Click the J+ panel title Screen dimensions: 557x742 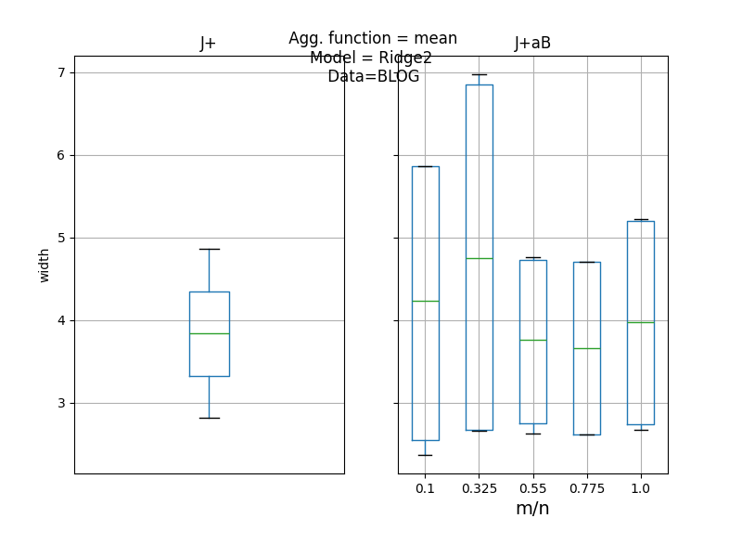209,44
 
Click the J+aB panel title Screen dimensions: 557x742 532,44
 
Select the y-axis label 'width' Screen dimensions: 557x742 45,265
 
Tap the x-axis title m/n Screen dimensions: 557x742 532,509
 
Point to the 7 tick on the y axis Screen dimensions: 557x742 60,72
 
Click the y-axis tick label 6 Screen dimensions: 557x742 60,155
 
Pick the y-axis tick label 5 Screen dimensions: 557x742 60,238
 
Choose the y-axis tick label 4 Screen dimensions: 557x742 60,320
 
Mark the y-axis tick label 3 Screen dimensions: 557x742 60,403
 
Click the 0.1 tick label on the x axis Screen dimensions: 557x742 425,488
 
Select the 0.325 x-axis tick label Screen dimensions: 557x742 479,488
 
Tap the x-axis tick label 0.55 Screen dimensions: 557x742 532,488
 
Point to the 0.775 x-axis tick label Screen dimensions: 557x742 586,488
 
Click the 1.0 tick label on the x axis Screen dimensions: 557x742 640,488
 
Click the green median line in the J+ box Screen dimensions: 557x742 209,333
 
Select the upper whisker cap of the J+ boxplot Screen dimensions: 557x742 209,249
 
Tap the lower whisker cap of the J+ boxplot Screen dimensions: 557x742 209,418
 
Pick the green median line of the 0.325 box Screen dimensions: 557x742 479,258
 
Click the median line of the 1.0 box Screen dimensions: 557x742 640,322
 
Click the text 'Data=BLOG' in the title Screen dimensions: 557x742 373,76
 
